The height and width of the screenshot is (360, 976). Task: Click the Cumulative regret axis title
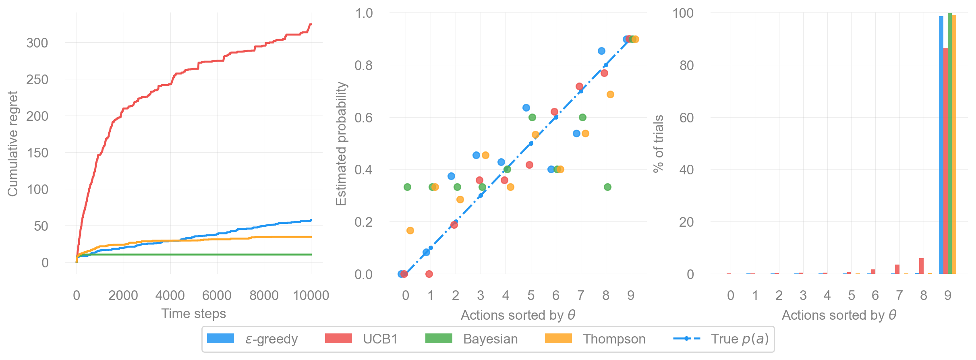[x=13, y=143]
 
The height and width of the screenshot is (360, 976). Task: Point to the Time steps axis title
[x=193, y=314]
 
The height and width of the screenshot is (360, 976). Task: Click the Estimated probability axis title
[x=341, y=143]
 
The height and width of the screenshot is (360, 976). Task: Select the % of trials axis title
[x=658, y=143]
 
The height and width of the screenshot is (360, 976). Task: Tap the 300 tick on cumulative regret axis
[x=37, y=43]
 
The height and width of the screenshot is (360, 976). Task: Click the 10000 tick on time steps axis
[x=311, y=296]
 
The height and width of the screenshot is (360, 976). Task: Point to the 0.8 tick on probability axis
[x=363, y=65]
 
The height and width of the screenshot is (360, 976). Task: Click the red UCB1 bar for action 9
[x=945, y=161]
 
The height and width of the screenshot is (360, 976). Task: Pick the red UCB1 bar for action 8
[x=921, y=266]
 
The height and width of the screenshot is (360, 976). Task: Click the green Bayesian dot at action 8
[x=607, y=187]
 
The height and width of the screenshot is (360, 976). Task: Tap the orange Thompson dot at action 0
[x=410, y=230]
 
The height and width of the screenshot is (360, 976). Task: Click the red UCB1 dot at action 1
[x=429, y=274]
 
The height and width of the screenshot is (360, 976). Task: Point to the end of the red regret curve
[x=311, y=25]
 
